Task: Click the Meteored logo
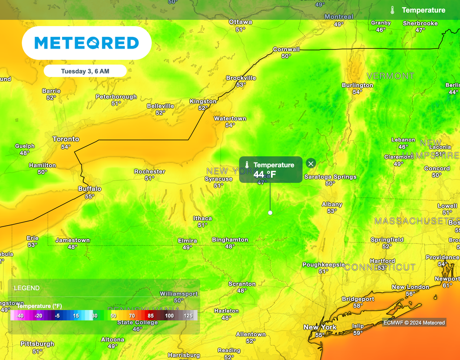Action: coord(87,43)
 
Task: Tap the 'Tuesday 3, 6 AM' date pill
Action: coord(85,71)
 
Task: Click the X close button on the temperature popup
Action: coord(310,163)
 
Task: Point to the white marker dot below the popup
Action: coord(270,213)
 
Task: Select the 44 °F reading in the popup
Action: coord(265,174)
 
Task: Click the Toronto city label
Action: coord(66,139)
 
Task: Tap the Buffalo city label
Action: coord(90,189)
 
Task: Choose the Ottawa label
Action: coord(240,22)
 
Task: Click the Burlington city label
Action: coord(358,85)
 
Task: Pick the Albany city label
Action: coord(332,204)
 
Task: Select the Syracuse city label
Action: coord(219,179)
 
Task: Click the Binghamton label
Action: coord(230,240)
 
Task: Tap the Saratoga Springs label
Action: coord(330,177)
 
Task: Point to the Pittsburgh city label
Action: coord(37,344)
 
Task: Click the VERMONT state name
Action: coord(390,76)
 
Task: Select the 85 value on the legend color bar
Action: coord(150,316)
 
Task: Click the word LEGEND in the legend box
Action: coord(27,288)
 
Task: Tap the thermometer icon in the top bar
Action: coord(393,10)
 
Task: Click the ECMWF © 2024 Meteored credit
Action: coord(414,323)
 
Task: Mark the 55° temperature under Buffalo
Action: coord(90,196)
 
